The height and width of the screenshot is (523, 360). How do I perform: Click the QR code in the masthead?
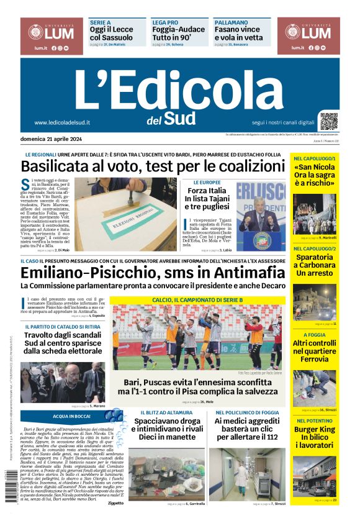click(x=329, y=121)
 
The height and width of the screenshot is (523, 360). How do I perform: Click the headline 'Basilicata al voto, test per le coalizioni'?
click(x=150, y=166)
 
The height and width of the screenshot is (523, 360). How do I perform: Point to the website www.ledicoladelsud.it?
click(x=62, y=122)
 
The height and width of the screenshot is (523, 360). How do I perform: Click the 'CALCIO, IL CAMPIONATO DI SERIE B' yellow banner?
click(x=197, y=300)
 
